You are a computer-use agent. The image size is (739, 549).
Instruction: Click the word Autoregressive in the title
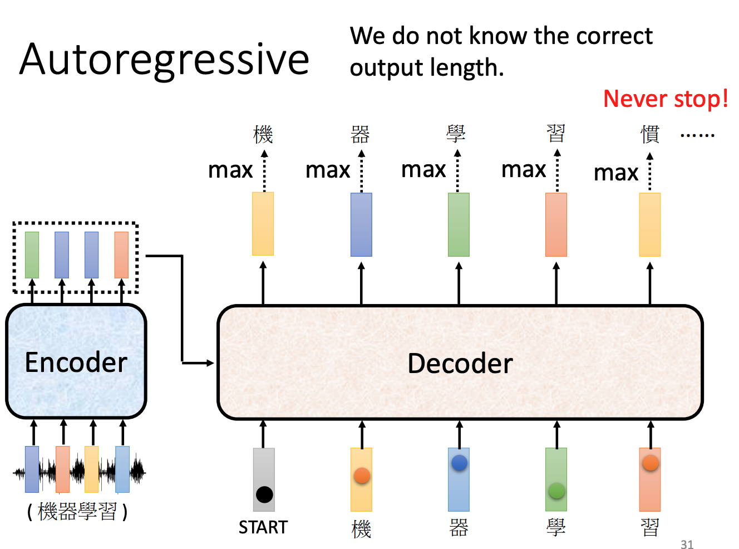coord(164,60)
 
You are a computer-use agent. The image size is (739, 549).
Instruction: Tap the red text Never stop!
coord(666,99)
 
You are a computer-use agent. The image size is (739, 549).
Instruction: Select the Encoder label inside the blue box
coord(76,362)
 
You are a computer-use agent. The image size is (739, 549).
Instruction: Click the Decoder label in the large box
coord(460,364)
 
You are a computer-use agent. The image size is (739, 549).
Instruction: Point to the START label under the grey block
coord(263,527)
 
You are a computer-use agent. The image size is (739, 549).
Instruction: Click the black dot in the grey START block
coord(264,494)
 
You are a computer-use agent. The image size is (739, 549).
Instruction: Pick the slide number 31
coord(687,545)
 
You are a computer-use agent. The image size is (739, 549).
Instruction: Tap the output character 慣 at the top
coord(650,134)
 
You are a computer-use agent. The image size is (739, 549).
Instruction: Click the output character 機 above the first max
coord(263,134)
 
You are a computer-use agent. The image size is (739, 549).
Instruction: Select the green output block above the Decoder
coord(459,224)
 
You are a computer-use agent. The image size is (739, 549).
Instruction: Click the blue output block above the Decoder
coord(361,224)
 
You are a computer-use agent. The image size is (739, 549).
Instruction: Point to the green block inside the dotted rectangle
coord(32,255)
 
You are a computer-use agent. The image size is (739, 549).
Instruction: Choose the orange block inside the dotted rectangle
coord(121,255)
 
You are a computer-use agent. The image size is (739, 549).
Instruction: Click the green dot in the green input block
coord(556,491)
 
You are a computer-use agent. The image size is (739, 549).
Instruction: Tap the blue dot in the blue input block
coord(459,462)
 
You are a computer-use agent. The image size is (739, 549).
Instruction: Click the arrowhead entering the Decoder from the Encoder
coord(210,363)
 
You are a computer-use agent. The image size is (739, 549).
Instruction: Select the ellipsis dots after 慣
coord(697,135)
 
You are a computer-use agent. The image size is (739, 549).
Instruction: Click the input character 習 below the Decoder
coord(650,527)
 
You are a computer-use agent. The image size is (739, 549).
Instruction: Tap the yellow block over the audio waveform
coord(91,469)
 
